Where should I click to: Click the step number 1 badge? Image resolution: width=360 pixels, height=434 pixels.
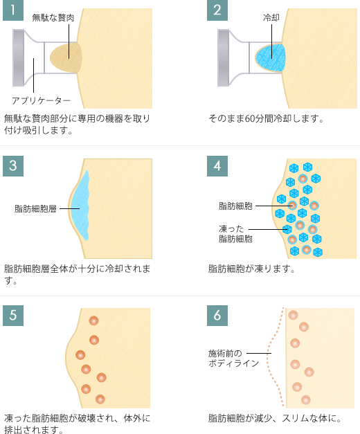pos(13,10)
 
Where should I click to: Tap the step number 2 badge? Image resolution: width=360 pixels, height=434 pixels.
pos(217,10)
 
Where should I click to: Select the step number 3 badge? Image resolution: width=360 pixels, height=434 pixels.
pos(13,166)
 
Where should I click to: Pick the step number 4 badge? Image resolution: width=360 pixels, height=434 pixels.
pos(217,166)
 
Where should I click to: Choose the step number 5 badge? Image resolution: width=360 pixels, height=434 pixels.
pos(13,316)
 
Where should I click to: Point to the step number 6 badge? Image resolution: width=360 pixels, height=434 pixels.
pos(217,316)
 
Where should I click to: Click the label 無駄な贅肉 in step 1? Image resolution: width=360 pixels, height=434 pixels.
pos(53,18)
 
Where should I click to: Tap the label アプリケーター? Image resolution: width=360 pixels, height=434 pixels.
pos(41,100)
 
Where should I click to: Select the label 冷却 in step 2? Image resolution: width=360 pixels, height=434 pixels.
pos(271,18)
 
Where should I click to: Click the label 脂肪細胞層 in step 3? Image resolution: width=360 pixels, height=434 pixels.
pos(35,208)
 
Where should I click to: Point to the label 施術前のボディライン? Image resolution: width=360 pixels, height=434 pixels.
pos(233,358)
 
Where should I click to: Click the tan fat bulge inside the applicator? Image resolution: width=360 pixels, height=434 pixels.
pos(66,57)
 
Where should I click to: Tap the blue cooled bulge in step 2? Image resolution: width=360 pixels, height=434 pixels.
pos(270,58)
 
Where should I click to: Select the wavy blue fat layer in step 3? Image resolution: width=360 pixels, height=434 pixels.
pos(80,206)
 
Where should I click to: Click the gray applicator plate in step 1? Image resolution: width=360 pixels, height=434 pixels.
pos(18,57)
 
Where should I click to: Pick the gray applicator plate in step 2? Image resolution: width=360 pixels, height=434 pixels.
pos(223,57)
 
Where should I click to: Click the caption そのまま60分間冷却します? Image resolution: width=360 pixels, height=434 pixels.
pos(266,119)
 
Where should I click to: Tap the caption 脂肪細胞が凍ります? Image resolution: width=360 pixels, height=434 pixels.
pos(251,269)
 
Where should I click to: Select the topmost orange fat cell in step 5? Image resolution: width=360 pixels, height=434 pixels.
pos(94,320)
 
